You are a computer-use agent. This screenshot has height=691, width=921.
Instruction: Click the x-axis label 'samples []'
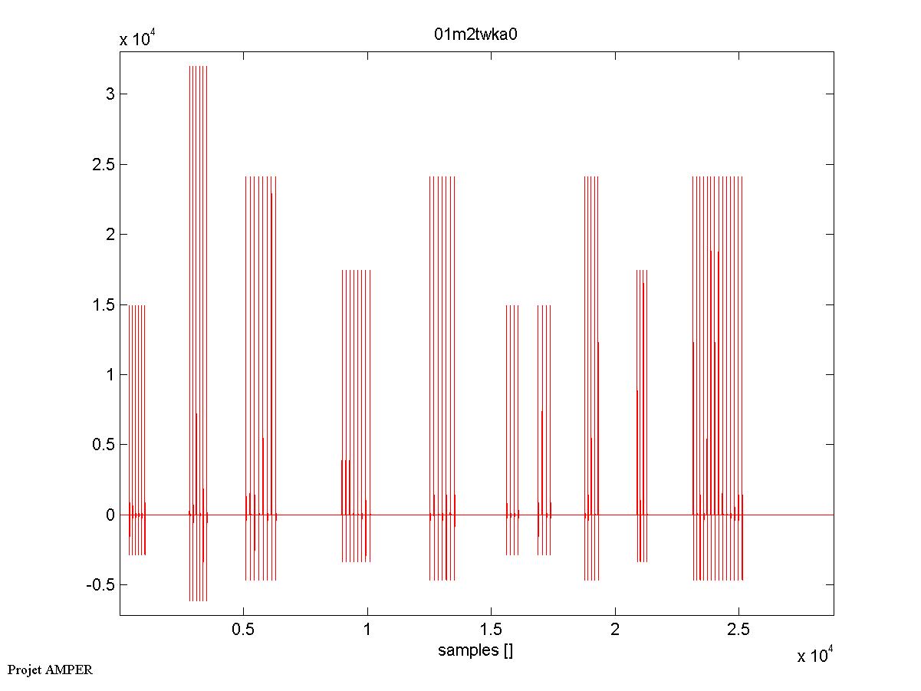[475, 651]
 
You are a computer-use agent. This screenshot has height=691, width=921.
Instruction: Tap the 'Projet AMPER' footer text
[50, 670]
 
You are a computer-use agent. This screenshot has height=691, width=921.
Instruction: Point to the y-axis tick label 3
[110, 94]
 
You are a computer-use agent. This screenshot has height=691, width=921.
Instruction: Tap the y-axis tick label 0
[110, 515]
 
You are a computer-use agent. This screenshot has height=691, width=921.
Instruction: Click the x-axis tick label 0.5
[243, 630]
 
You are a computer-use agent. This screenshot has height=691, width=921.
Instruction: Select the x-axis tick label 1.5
[491, 630]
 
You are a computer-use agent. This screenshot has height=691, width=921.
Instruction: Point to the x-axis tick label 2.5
[738, 630]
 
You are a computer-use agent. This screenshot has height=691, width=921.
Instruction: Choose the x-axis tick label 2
[615, 630]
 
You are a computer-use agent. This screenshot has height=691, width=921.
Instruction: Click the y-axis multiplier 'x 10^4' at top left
[139, 40]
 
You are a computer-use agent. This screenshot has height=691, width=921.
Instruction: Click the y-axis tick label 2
[110, 235]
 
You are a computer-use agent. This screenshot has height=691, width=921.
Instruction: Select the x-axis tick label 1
[367, 630]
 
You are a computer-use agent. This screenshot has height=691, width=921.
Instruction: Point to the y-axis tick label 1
[110, 375]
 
